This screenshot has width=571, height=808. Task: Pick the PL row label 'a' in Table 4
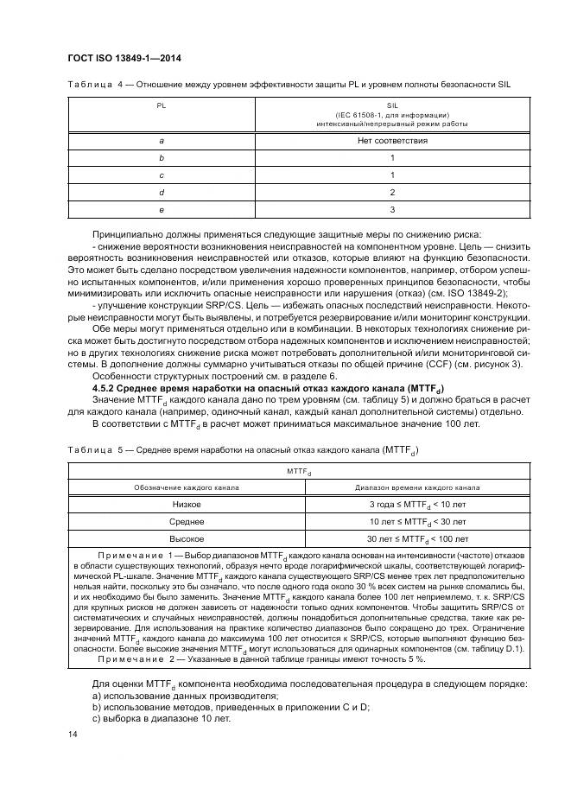(162, 140)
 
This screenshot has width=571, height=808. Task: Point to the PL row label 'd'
(162, 192)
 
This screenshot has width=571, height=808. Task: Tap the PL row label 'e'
(162, 209)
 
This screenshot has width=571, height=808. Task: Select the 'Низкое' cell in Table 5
(187, 504)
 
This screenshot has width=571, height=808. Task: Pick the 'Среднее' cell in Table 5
(187, 522)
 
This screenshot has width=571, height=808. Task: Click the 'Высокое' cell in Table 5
(187, 539)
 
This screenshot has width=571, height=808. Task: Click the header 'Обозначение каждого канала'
(187, 487)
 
